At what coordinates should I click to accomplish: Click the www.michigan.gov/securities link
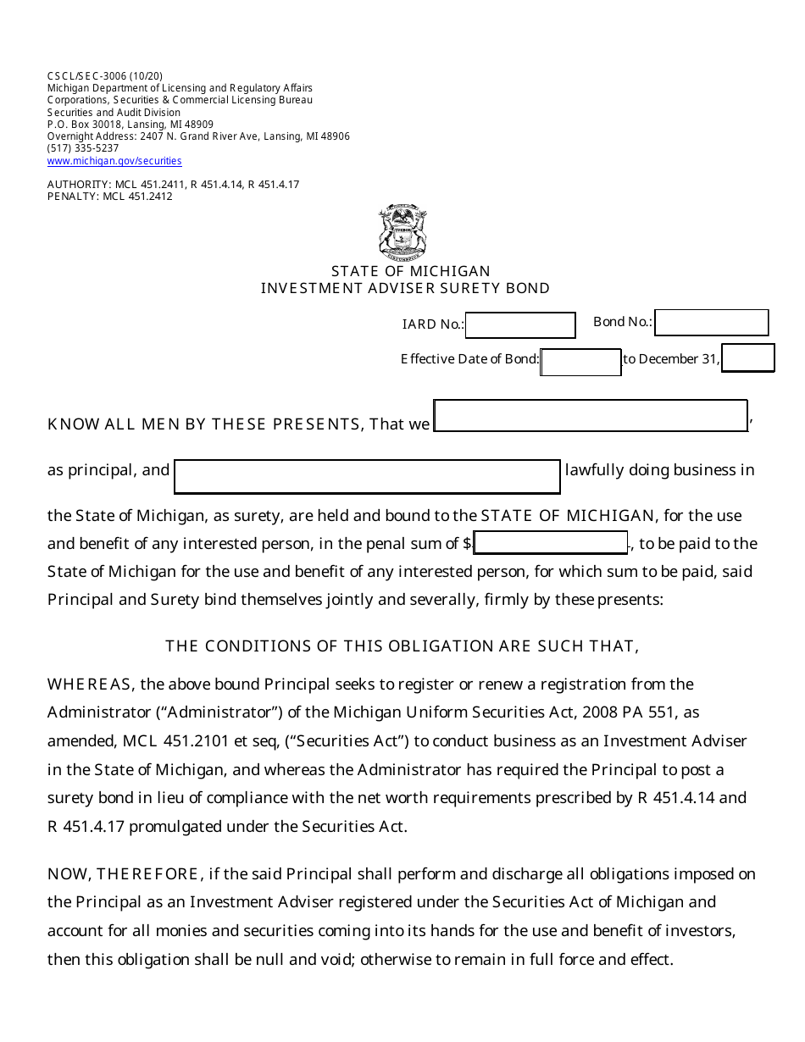click(114, 161)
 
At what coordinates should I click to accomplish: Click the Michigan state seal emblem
click(402, 231)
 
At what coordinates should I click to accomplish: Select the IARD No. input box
click(520, 325)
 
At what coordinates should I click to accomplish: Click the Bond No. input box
click(711, 323)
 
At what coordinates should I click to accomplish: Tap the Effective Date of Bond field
click(580, 362)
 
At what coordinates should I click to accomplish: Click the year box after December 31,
click(747, 358)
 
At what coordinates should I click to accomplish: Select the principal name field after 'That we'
click(591, 416)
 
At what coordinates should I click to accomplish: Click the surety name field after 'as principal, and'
click(367, 476)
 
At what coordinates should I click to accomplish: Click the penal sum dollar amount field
click(551, 543)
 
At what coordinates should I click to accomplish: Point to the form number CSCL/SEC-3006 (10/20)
click(105, 76)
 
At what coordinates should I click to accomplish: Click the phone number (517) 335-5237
click(83, 148)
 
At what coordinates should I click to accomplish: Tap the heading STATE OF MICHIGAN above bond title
click(411, 271)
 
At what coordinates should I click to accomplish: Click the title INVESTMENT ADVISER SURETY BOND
click(405, 288)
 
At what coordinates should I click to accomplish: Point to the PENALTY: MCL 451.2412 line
click(110, 197)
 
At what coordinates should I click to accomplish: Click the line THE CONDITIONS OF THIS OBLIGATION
click(402, 646)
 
